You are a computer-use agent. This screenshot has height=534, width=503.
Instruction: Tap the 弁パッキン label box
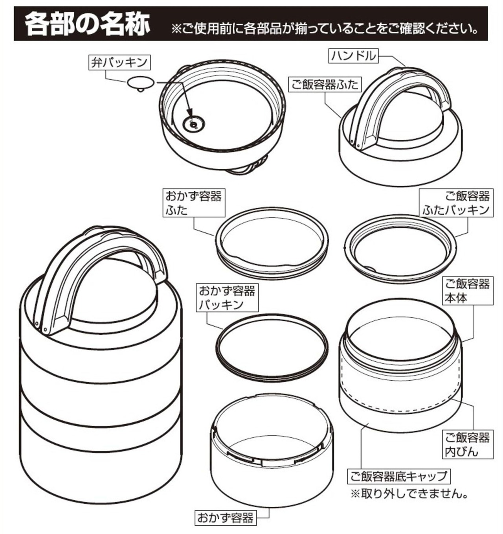119,63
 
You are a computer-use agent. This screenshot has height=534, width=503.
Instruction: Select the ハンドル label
353,56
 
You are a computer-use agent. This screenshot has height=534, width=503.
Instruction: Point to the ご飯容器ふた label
325,84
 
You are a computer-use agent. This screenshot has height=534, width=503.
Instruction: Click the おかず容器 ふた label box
194,203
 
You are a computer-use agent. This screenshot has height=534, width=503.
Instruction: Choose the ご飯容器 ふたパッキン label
456,203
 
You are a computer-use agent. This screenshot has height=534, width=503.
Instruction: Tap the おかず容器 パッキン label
227,298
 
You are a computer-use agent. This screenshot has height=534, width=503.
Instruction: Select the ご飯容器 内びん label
468,444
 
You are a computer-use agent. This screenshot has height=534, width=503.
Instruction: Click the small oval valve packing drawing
141,83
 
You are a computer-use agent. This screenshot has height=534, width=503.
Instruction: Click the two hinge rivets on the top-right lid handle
355,143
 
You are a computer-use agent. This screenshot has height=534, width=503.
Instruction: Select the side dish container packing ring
272,348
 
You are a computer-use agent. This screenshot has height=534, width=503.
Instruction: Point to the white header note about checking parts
325,28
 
